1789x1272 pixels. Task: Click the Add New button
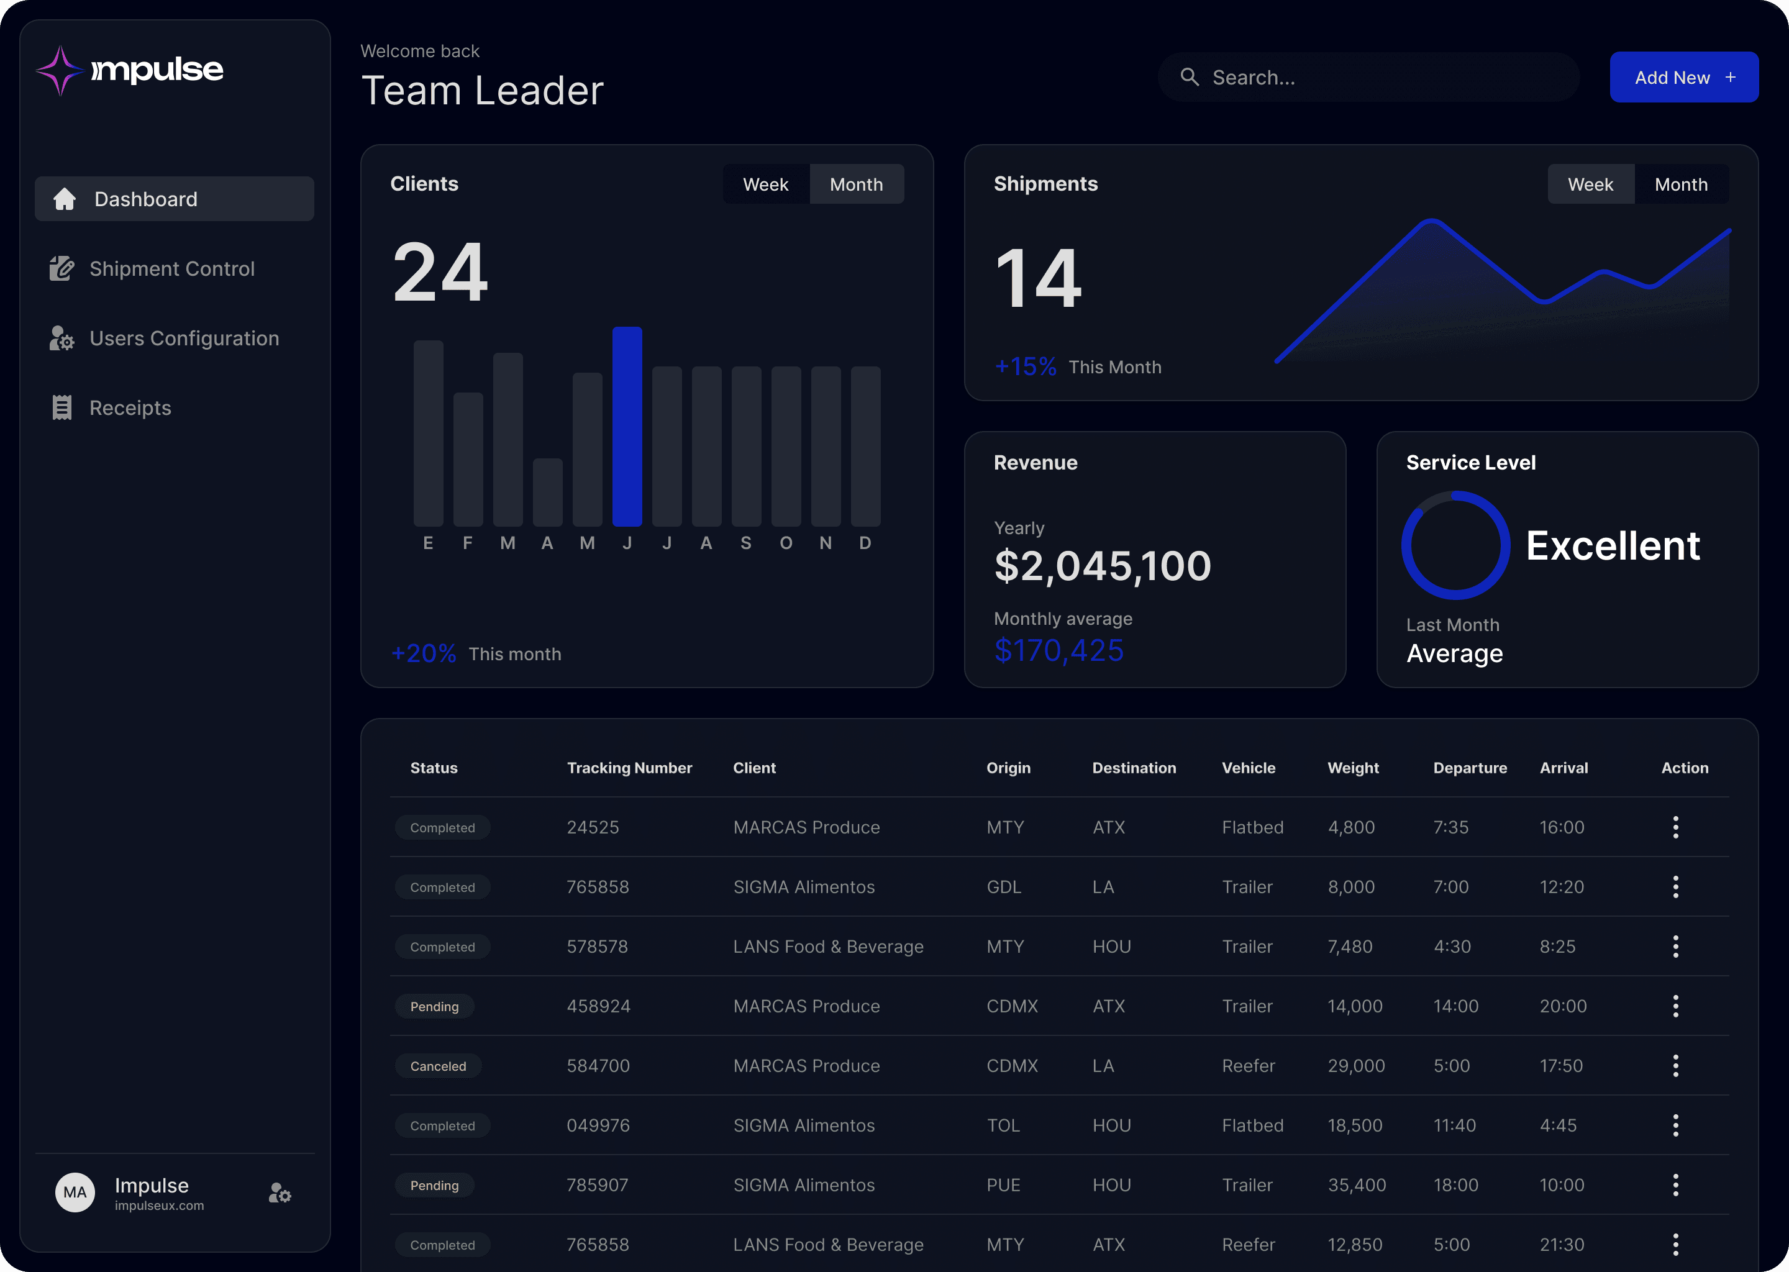coord(1684,77)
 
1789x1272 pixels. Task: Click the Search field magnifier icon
coord(1190,77)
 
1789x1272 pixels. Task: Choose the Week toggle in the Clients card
coord(765,184)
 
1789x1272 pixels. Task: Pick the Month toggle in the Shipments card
coord(1681,184)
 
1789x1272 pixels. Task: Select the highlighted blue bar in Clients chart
coord(627,426)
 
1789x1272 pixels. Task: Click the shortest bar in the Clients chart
coord(547,492)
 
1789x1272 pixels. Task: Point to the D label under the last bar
coord(865,543)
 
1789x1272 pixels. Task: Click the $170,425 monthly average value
coord(1059,650)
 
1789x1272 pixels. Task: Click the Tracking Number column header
coord(630,768)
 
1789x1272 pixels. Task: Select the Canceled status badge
coord(438,1066)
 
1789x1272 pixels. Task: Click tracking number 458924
coord(598,1006)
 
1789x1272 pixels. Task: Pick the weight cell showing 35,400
coord(1357,1185)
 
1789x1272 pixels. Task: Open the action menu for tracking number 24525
coord(1675,827)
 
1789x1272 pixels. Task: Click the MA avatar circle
coord(75,1192)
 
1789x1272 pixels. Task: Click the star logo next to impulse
coord(60,70)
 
